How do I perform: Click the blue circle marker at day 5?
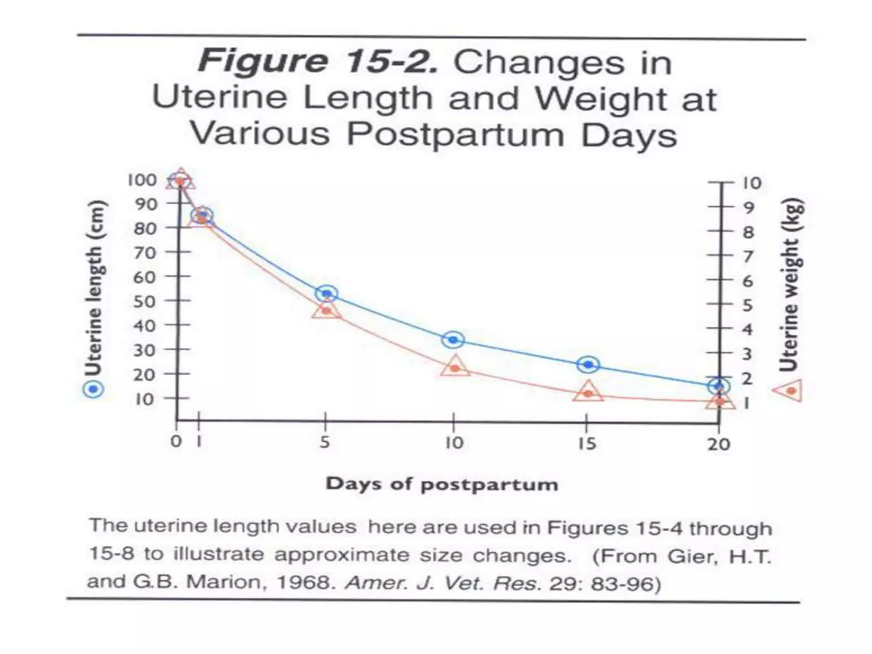point(327,293)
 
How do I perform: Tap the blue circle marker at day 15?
point(588,364)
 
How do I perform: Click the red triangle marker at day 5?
point(327,310)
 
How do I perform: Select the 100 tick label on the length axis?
point(142,180)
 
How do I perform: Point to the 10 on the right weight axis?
point(752,183)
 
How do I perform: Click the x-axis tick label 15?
point(587,444)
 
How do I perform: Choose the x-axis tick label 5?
point(324,442)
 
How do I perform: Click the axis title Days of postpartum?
point(442,485)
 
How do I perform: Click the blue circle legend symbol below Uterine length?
point(93,389)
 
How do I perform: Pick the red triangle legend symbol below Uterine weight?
point(789,390)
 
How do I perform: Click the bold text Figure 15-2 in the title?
point(317,62)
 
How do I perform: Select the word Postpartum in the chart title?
point(456,135)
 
